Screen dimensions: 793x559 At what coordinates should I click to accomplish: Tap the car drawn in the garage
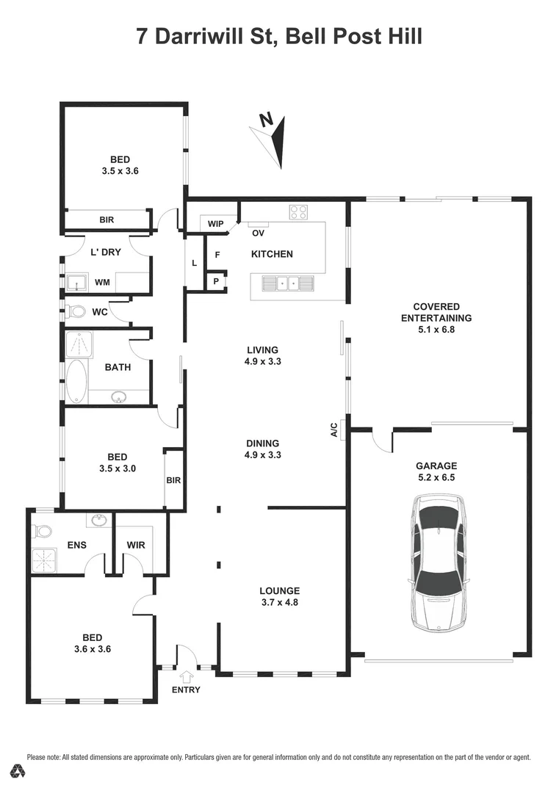[x=438, y=562]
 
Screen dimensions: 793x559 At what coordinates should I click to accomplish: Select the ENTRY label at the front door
[x=186, y=689]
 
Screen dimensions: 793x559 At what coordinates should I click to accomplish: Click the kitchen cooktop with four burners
[x=299, y=212]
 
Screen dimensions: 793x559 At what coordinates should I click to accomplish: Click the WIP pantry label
[x=216, y=223]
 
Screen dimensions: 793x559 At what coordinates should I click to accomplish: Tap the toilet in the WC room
[x=76, y=312]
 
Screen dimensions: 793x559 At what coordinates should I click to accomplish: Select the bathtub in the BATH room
[x=76, y=380]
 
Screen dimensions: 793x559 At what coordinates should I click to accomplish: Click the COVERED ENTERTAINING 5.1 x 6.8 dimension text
[x=436, y=330]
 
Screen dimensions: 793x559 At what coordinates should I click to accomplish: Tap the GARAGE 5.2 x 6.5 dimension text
[x=436, y=477]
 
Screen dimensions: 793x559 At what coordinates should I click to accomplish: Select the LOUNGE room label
[x=279, y=590]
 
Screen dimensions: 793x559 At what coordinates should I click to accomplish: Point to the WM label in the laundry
[x=103, y=282]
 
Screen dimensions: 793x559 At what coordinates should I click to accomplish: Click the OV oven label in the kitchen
[x=258, y=233]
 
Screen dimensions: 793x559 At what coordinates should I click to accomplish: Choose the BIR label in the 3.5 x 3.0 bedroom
[x=174, y=481]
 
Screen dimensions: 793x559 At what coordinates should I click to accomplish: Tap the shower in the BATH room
[x=76, y=343]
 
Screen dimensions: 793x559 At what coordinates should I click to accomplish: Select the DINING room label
[x=263, y=443]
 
